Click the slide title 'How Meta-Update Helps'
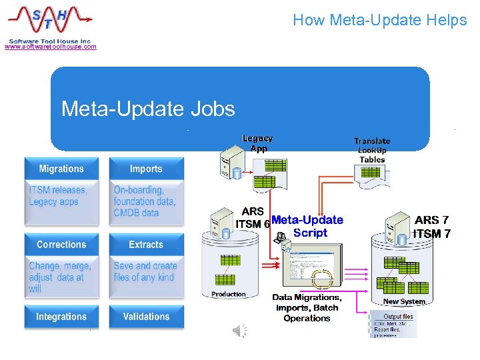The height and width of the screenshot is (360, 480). click(x=379, y=21)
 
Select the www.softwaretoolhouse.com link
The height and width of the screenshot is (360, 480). click(x=51, y=47)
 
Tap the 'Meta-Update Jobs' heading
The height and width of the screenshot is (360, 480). click(x=147, y=108)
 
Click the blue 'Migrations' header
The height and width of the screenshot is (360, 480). click(x=61, y=169)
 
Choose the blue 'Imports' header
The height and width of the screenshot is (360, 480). click(x=146, y=169)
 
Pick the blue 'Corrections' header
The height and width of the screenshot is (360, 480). click(x=61, y=245)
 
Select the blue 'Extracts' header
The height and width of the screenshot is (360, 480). click(x=146, y=245)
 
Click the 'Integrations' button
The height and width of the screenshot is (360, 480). click(x=61, y=317)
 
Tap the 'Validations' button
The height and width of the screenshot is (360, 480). click(x=146, y=317)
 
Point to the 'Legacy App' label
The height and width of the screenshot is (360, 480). click(x=257, y=143)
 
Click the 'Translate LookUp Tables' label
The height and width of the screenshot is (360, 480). click(x=372, y=150)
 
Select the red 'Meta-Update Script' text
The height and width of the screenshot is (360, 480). click(x=308, y=226)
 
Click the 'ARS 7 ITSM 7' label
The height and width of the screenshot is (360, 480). click(x=431, y=227)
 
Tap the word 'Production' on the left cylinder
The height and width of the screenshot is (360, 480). click(x=229, y=294)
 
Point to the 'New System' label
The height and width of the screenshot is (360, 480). click(x=404, y=302)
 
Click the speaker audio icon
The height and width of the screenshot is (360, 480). click(x=240, y=330)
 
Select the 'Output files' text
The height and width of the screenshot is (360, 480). click(x=399, y=317)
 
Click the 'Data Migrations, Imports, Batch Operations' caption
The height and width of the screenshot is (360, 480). click(x=307, y=308)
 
